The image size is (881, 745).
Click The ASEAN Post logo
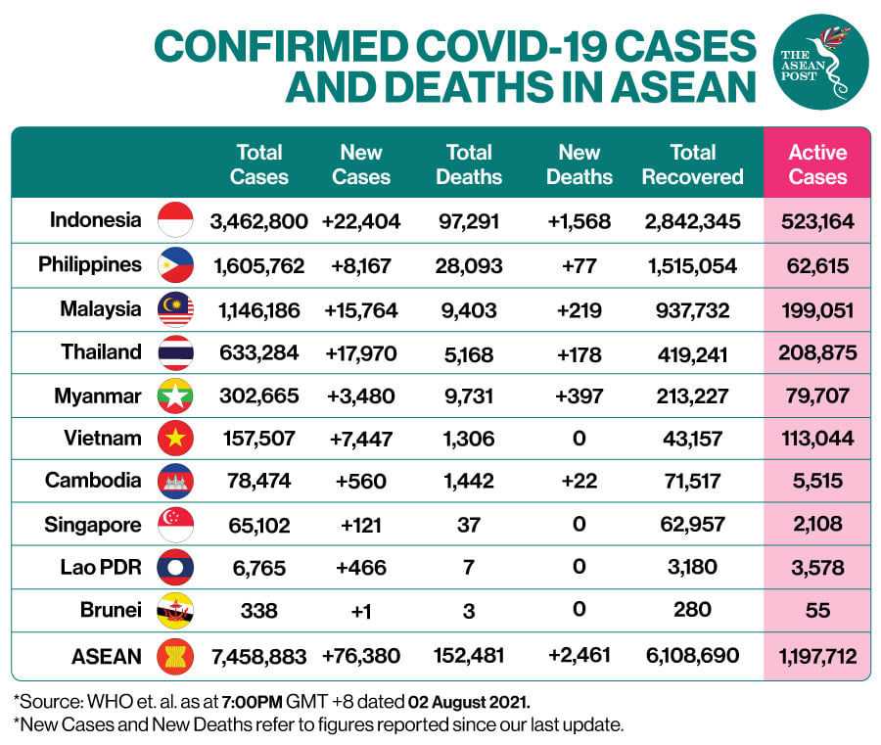coord(820,61)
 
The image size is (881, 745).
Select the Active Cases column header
coord(817,164)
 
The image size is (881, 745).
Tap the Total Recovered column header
coord(693,164)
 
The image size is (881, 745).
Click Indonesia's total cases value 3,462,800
coord(259,221)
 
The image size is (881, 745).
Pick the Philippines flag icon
coord(176,264)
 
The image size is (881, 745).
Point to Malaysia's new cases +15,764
coord(360,310)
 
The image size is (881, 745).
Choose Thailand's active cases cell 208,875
coord(817,353)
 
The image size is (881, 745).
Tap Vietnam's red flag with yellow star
coord(176,439)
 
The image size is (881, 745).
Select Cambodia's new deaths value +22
coord(579,482)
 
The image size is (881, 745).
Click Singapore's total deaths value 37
coord(469,525)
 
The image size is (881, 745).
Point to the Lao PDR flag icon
coord(176,568)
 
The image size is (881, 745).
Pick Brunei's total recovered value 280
coord(692,610)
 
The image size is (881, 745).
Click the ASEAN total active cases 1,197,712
coord(817,656)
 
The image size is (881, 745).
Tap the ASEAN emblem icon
coord(176,656)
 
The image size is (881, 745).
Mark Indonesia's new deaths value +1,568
coord(579,221)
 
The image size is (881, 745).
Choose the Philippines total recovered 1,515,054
coord(692,265)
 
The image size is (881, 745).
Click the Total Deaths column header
coord(469,164)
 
